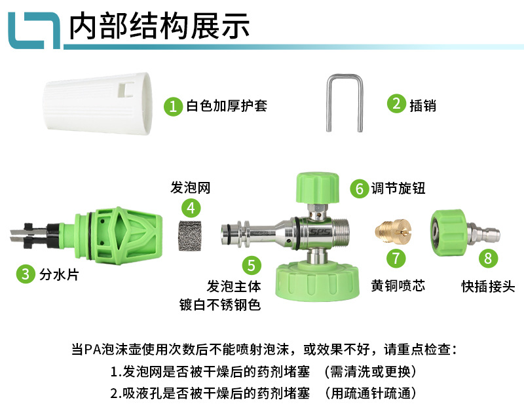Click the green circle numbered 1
point(173,106)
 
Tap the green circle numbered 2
point(395,105)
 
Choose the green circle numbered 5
point(252,265)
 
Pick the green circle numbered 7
point(395,258)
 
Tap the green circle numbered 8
point(487,258)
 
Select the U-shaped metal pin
point(345,104)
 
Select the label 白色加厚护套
point(227,106)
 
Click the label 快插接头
point(488,286)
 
